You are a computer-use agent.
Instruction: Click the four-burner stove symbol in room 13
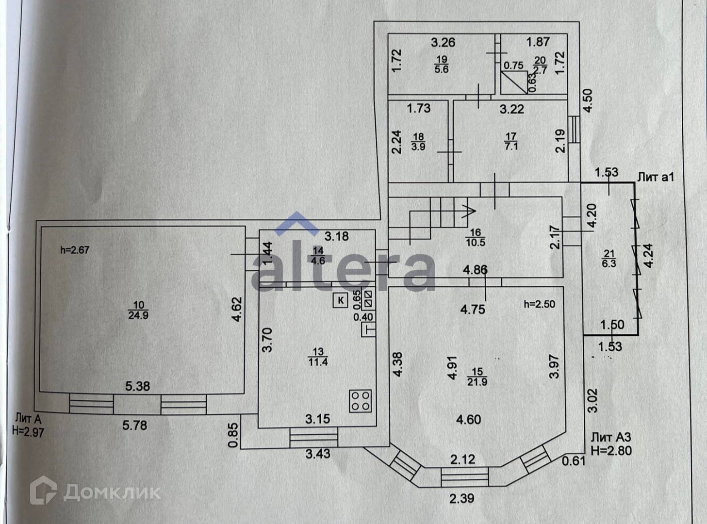click(x=360, y=401)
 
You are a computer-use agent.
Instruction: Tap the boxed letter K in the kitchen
click(x=341, y=300)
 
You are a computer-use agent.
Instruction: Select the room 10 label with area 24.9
click(x=138, y=310)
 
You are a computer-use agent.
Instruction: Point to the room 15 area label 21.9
click(x=477, y=377)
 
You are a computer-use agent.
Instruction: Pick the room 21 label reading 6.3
click(x=608, y=258)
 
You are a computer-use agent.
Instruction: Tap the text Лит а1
click(x=655, y=177)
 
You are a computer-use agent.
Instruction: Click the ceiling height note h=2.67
click(x=75, y=250)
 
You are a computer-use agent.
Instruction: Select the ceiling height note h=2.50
click(x=539, y=304)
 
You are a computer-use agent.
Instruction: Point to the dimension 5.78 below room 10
click(x=134, y=426)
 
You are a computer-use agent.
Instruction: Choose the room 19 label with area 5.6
click(x=442, y=64)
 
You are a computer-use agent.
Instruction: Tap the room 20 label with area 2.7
click(x=540, y=65)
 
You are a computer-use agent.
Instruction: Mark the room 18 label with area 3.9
click(x=418, y=142)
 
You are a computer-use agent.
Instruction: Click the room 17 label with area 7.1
click(x=511, y=141)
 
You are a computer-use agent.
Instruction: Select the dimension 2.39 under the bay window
click(x=461, y=498)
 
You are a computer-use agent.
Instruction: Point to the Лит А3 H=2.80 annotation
click(x=611, y=444)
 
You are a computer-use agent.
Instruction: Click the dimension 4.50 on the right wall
click(x=588, y=100)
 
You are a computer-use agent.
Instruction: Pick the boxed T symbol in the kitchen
click(x=369, y=330)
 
